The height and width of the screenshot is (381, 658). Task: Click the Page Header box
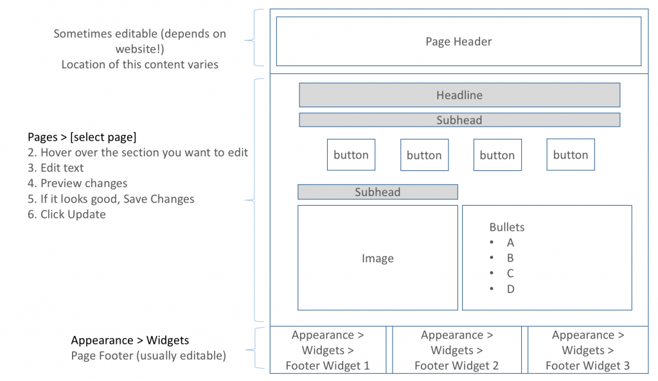458,42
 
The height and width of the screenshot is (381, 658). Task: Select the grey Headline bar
459,95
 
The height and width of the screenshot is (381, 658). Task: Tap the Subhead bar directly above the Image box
377,192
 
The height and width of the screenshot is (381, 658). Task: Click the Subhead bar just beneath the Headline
459,120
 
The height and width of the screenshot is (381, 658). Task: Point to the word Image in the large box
377,258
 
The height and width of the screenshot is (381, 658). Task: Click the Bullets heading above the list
506,227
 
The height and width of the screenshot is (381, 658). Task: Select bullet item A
510,243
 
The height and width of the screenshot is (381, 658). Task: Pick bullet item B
510,258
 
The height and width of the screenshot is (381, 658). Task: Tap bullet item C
510,274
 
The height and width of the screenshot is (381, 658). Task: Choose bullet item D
510,289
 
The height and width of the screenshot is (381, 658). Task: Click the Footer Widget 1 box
328,350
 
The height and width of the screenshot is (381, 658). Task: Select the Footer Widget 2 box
457,350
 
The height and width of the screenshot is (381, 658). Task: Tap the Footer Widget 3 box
587,350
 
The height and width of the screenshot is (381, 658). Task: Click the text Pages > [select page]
82,137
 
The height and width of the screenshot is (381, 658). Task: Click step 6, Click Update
67,215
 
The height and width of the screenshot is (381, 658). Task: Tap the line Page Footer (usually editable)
148,356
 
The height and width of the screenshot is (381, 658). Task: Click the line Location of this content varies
139,64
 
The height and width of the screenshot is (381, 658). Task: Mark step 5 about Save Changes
111,199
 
